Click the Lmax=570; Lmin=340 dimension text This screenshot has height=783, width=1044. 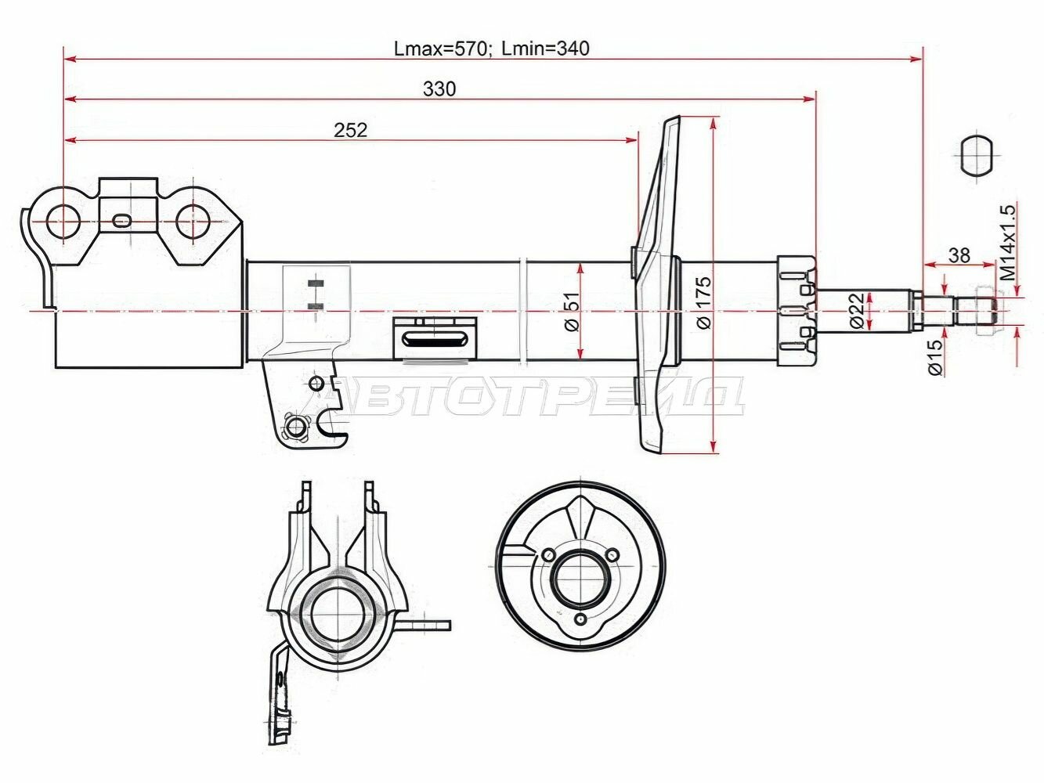[x=491, y=49]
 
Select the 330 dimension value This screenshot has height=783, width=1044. [x=439, y=89]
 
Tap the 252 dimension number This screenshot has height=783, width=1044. [x=350, y=130]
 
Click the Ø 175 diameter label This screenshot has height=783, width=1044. [x=703, y=302]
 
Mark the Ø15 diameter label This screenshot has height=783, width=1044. [x=934, y=357]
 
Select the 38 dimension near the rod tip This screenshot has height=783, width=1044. [x=959, y=255]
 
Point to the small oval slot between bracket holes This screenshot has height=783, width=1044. [x=122, y=221]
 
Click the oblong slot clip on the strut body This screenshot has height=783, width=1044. [x=435, y=339]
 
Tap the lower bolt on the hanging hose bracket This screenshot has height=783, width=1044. [x=296, y=427]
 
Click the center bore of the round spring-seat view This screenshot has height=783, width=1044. [x=580, y=579]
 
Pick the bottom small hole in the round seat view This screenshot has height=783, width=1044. [x=580, y=620]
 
